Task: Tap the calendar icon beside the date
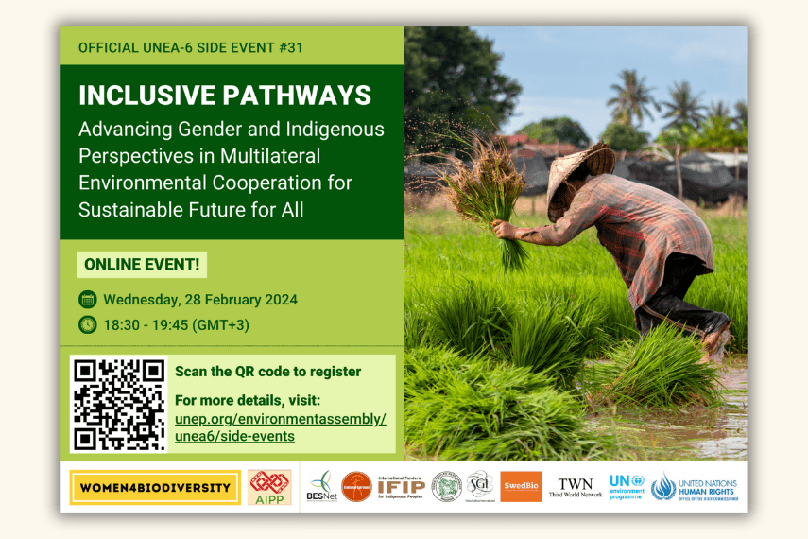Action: coord(88,300)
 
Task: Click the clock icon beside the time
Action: coord(88,324)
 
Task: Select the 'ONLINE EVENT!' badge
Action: coord(142,265)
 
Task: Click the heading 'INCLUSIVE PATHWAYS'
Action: coord(225,96)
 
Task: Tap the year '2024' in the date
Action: coord(275,300)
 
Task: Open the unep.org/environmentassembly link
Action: coord(281,419)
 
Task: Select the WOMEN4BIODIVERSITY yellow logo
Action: coord(155,487)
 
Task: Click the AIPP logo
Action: coord(269,487)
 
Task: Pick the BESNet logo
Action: coord(321,486)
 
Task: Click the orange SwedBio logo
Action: coord(521,486)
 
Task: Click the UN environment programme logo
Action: coord(626,486)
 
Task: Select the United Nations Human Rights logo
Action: coord(695,486)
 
